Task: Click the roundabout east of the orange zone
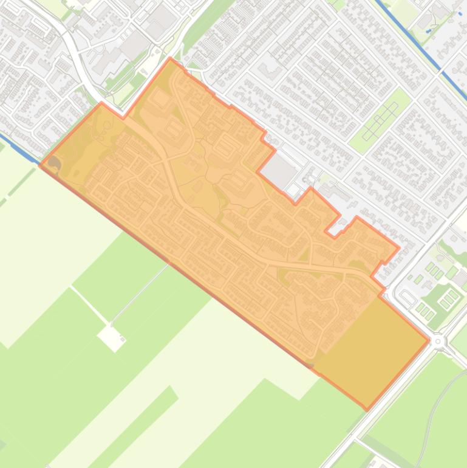(438, 342)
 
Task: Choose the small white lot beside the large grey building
(294, 190)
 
